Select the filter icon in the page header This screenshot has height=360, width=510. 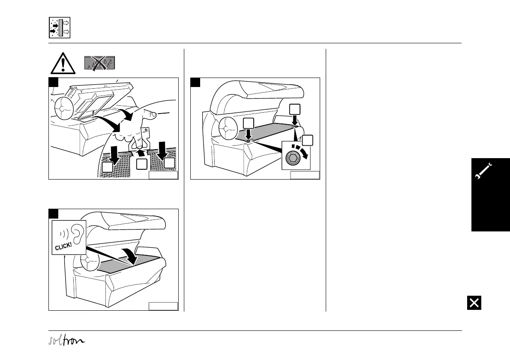pos(60,28)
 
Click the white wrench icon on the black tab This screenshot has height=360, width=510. pos(484,172)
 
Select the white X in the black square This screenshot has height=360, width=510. pos(474,303)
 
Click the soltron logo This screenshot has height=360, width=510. pos(66,341)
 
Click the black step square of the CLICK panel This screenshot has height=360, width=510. pos(53,213)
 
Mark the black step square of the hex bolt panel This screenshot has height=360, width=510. pos(195,82)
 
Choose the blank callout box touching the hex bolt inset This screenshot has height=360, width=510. pos(307,140)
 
